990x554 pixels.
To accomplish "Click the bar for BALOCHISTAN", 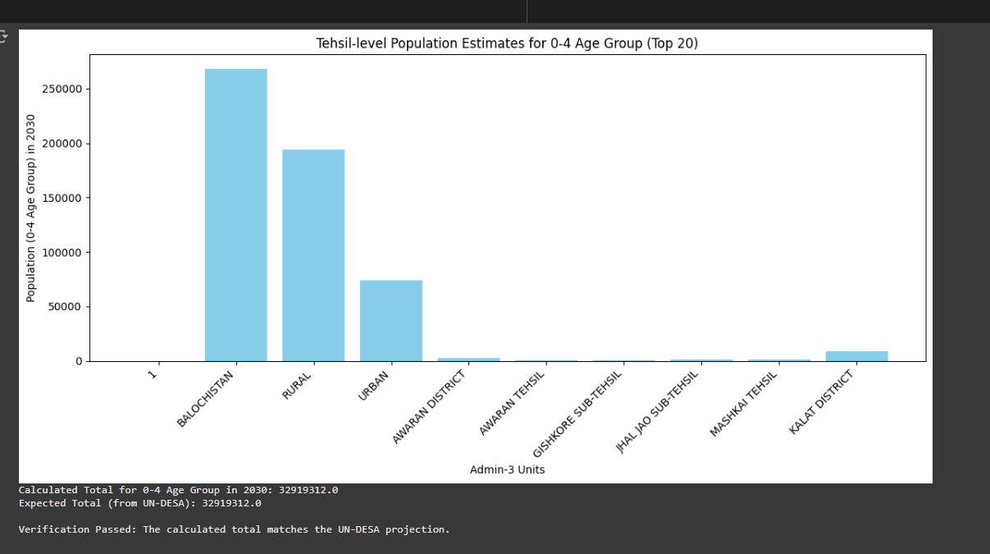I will [235, 215].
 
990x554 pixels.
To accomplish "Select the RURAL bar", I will [313, 255].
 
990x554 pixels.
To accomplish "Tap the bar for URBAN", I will [390, 321].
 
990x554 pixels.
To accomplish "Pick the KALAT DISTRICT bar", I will [856, 355].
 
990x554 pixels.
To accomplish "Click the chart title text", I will [507, 43].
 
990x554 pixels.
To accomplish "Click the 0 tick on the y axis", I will [79, 361].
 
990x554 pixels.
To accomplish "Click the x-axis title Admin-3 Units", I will [507, 469].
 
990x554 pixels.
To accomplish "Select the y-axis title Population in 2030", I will [31, 208].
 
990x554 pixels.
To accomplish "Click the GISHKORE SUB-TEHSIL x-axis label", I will [578, 414].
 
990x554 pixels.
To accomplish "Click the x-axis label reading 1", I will [153, 377].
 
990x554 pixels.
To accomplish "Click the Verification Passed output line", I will [235, 529].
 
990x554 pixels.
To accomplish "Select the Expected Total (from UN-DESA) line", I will [139, 503].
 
